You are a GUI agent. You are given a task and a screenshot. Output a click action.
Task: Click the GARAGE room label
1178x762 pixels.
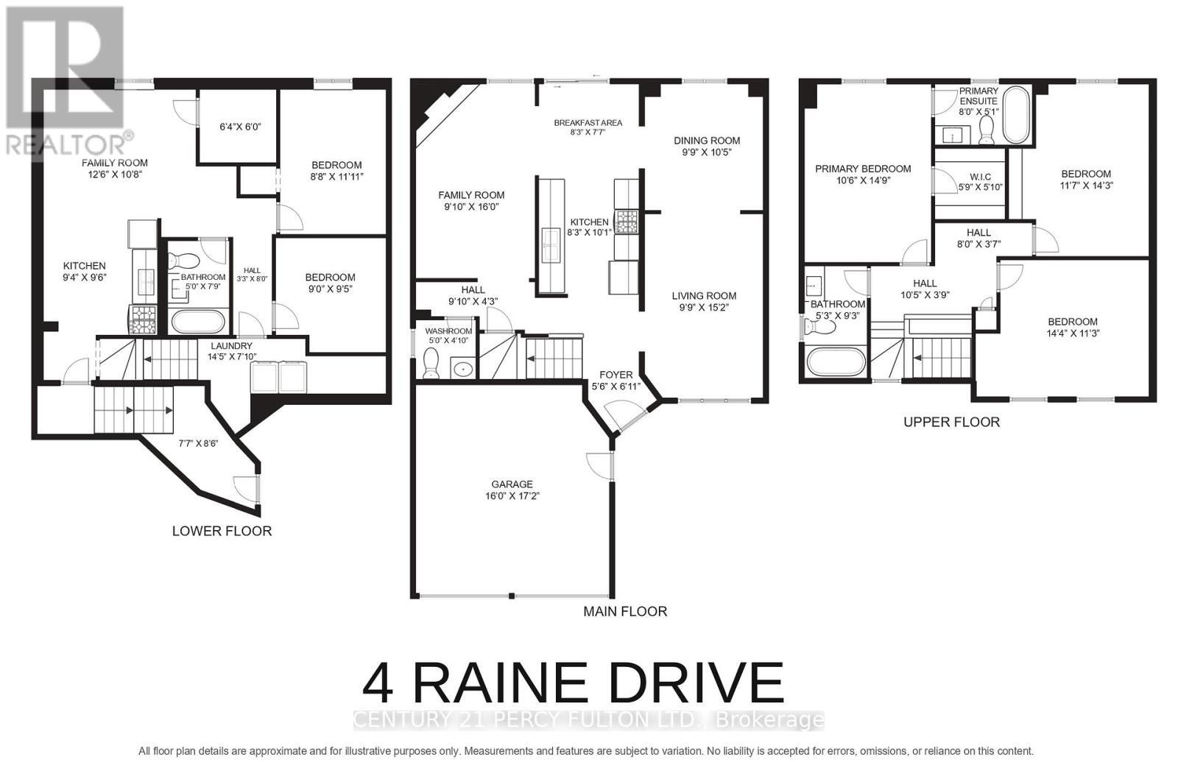pyautogui.click(x=512, y=484)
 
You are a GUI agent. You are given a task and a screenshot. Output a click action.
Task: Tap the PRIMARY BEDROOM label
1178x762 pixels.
pyautogui.click(x=863, y=169)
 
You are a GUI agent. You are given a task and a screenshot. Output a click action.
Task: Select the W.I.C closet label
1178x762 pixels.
pyautogui.click(x=980, y=177)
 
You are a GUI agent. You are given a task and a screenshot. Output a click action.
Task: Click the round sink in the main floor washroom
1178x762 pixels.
pyautogui.click(x=462, y=368)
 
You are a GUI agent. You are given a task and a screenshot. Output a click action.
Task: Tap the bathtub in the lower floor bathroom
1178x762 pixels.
pyautogui.click(x=197, y=322)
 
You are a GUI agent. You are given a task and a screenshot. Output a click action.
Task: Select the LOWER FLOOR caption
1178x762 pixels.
pyautogui.click(x=222, y=531)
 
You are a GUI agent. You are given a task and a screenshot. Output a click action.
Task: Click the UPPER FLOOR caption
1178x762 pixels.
pyautogui.click(x=951, y=422)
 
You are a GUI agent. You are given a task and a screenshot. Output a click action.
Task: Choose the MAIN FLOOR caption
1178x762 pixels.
pyautogui.click(x=625, y=611)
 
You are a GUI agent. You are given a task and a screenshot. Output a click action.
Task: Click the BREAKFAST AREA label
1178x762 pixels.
pyautogui.click(x=588, y=123)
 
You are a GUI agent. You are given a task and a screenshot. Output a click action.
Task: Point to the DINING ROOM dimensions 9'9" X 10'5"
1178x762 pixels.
pyautogui.click(x=707, y=152)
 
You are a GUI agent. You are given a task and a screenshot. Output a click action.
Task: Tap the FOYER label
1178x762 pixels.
pyautogui.click(x=616, y=374)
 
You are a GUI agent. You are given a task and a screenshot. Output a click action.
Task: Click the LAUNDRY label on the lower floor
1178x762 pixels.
pyautogui.click(x=231, y=345)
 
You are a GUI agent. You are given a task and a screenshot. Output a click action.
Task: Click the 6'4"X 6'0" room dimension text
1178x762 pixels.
pyautogui.click(x=240, y=127)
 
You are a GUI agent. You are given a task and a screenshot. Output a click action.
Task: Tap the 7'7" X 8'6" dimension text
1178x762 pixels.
pyautogui.click(x=198, y=443)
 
